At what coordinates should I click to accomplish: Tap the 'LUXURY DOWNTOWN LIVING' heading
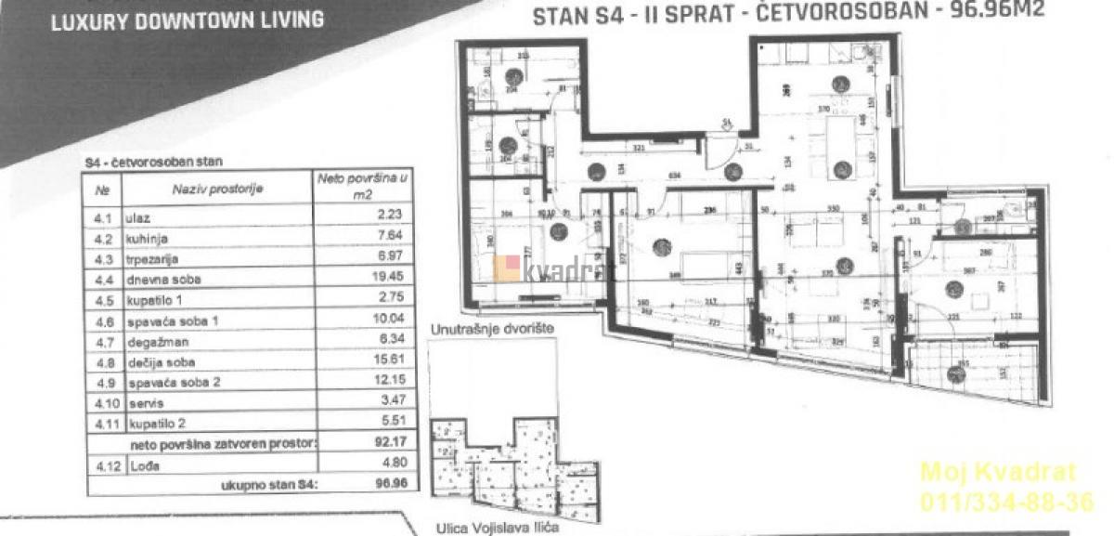(187, 19)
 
